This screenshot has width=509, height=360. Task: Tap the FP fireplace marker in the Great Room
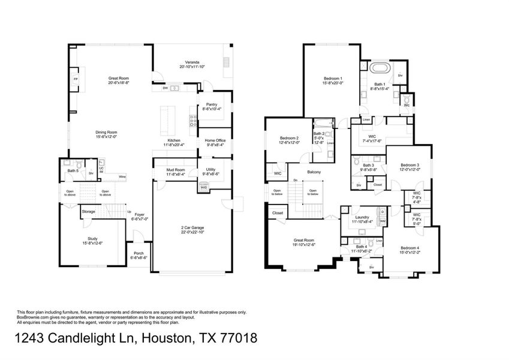[x=75, y=79]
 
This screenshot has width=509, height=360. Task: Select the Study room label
[x=92, y=241]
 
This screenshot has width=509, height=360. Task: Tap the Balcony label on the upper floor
[x=314, y=172]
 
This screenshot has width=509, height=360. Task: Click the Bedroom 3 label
[x=409, y=166]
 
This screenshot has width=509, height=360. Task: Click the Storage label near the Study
[x=89, y=211]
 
